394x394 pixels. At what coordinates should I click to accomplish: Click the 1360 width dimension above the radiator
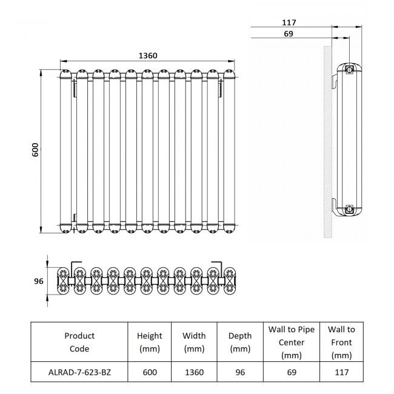[148, 56]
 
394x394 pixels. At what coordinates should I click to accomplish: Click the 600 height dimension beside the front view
[35, 150]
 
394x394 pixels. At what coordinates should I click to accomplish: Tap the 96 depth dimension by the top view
[39, 281]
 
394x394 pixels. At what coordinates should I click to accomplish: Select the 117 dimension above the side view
[289, 22]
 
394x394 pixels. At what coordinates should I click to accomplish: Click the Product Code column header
[79, 342]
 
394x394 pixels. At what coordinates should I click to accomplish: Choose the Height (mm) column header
[149, 342]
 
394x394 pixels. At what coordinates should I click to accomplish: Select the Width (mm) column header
[194, 342]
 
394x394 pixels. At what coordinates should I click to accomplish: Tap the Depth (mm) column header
[240, 342]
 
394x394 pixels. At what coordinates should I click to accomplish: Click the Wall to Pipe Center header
[292, 342]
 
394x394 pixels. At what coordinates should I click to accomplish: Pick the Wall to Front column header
[341, 342]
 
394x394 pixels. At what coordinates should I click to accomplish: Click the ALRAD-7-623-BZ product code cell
[79, 372]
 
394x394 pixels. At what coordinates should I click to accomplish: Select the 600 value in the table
[149, 372]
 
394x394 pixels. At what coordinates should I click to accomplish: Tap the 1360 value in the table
[194, 372]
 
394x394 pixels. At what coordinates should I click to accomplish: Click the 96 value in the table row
[240, 372]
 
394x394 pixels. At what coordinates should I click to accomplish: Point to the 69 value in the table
[292, 372]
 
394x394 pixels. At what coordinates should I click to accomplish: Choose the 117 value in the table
[341, 372]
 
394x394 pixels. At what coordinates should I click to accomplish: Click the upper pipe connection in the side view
[349, 70]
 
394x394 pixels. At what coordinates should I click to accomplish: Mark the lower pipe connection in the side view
[349, 210]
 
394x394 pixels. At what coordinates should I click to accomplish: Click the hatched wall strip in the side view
[327, 139]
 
